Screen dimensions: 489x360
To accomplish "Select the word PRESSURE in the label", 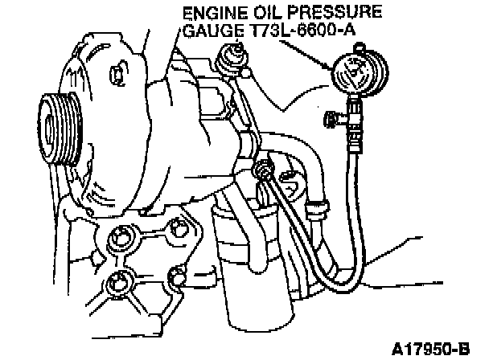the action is [335, 13].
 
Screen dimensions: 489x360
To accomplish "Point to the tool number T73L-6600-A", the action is [302, 31].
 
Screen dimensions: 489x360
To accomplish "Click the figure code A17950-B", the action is [430, 349].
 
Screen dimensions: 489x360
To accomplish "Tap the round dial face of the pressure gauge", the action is [360, 73].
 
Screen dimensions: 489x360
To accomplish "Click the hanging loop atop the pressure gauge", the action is [360, 47].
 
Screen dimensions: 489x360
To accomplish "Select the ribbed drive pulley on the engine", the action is [60, 129].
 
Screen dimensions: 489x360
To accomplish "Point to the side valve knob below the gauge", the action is [331, 120].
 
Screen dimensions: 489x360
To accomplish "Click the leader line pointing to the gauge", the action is [306, 55].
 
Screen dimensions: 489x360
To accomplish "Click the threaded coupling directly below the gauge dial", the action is [355, 125].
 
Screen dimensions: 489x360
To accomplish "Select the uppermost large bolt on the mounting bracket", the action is [121, 239].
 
